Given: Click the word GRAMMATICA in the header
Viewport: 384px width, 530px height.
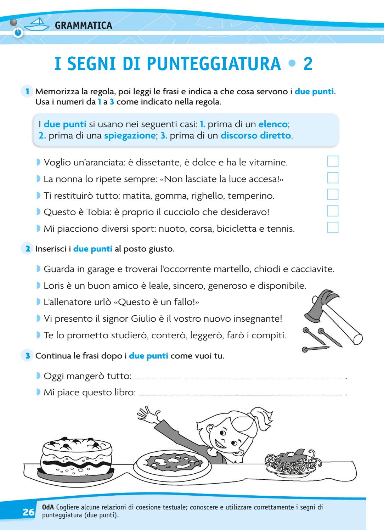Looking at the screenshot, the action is click(84, 25).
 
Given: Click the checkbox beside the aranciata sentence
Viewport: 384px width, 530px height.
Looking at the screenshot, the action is click(333, 161).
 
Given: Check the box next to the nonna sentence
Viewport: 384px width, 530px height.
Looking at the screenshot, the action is click(333, 178).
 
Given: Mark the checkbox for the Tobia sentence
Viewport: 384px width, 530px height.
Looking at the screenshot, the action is click(333, 211).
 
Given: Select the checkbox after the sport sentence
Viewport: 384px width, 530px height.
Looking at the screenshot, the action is click(333, 227).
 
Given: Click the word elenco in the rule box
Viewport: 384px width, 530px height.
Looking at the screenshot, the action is click(273, 124).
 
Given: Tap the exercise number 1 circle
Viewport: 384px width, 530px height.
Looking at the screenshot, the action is click(27, 91).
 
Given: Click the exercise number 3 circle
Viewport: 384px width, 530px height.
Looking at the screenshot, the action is click(27, 355).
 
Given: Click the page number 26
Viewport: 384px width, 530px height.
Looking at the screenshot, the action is click(29, 512).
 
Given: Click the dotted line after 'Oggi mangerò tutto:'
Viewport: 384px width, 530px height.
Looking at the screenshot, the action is click(238, 379).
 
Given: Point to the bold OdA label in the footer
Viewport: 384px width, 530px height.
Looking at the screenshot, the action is click(48, 507).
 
